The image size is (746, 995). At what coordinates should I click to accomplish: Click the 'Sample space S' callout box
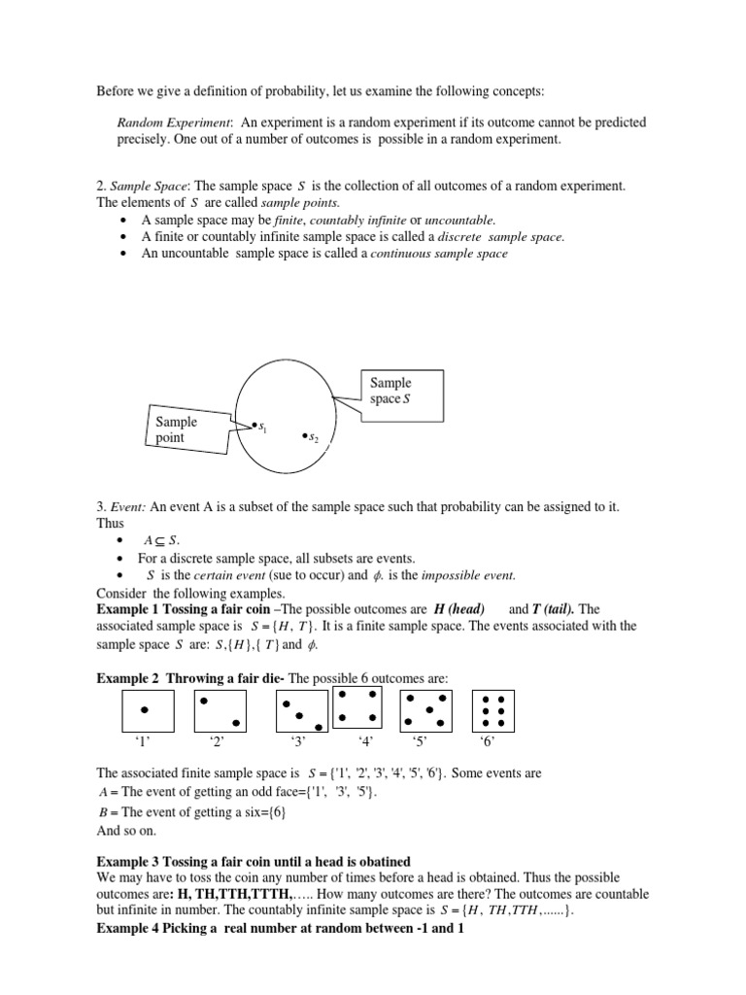[401, 391]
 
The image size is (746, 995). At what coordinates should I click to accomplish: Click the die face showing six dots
[492, 711]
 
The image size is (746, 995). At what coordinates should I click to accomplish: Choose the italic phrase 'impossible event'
[463, 575]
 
